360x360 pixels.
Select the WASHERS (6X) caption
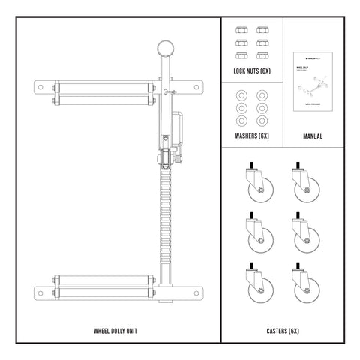coord(252,136)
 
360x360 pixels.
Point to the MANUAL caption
coord(313,136)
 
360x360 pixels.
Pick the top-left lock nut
coord(242,30)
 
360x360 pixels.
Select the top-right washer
coord(262,96)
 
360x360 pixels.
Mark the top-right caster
coord(303,184)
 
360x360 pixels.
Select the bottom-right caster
coord(303,287)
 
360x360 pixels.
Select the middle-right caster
coord(303,235)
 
